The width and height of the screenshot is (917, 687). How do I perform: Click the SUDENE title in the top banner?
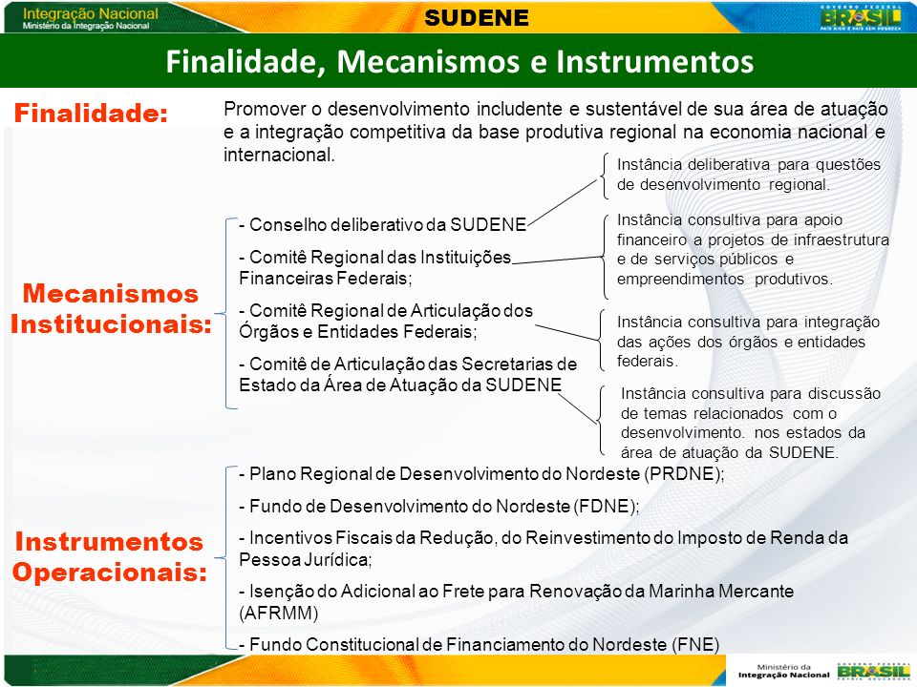click(x=477, y=17)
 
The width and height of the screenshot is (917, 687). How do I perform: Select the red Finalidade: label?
click(x=92, y=113)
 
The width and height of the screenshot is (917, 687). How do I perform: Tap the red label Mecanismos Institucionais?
click(x=111, y=308)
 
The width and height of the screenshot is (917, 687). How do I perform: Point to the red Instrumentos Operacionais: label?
click(x=109, y=556)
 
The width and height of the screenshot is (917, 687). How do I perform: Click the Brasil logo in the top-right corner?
click(x=861, y=16)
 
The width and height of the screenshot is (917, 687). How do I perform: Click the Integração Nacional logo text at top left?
click(x=90, y=18)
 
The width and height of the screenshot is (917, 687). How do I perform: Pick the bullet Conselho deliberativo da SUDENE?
click(x=383, y=225)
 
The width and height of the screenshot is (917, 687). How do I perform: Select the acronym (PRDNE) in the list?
click(x=684, y=474)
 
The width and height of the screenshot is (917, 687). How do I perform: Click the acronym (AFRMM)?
click(x=279, y=614)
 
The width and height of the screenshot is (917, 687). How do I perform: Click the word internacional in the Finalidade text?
click(x=279, y=155)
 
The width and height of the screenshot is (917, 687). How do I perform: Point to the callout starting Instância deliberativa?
click(x=749, y=175)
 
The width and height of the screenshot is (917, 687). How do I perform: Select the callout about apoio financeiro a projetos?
click(x=753, y=249)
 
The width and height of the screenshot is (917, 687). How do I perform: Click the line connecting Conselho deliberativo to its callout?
click(x=562, y=201)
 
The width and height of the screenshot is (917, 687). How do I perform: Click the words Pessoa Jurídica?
click(x=306, y=560)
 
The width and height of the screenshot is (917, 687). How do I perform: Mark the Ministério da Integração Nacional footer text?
click(x=783, y=671)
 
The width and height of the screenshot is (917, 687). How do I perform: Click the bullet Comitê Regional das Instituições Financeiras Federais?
click(x=375, y=267)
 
